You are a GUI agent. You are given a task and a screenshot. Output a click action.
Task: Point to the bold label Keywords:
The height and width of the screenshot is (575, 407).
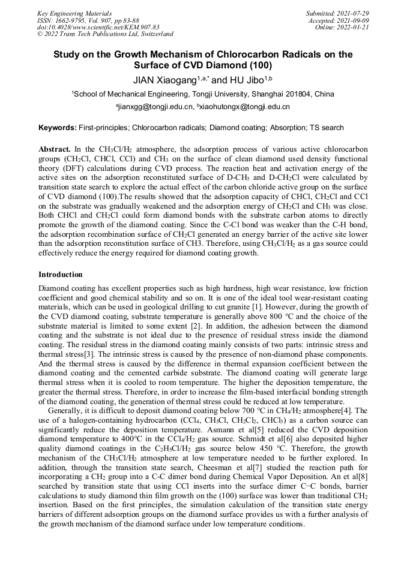[58, 128]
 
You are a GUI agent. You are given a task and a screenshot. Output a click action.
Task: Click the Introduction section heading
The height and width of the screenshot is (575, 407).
[60, 274]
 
